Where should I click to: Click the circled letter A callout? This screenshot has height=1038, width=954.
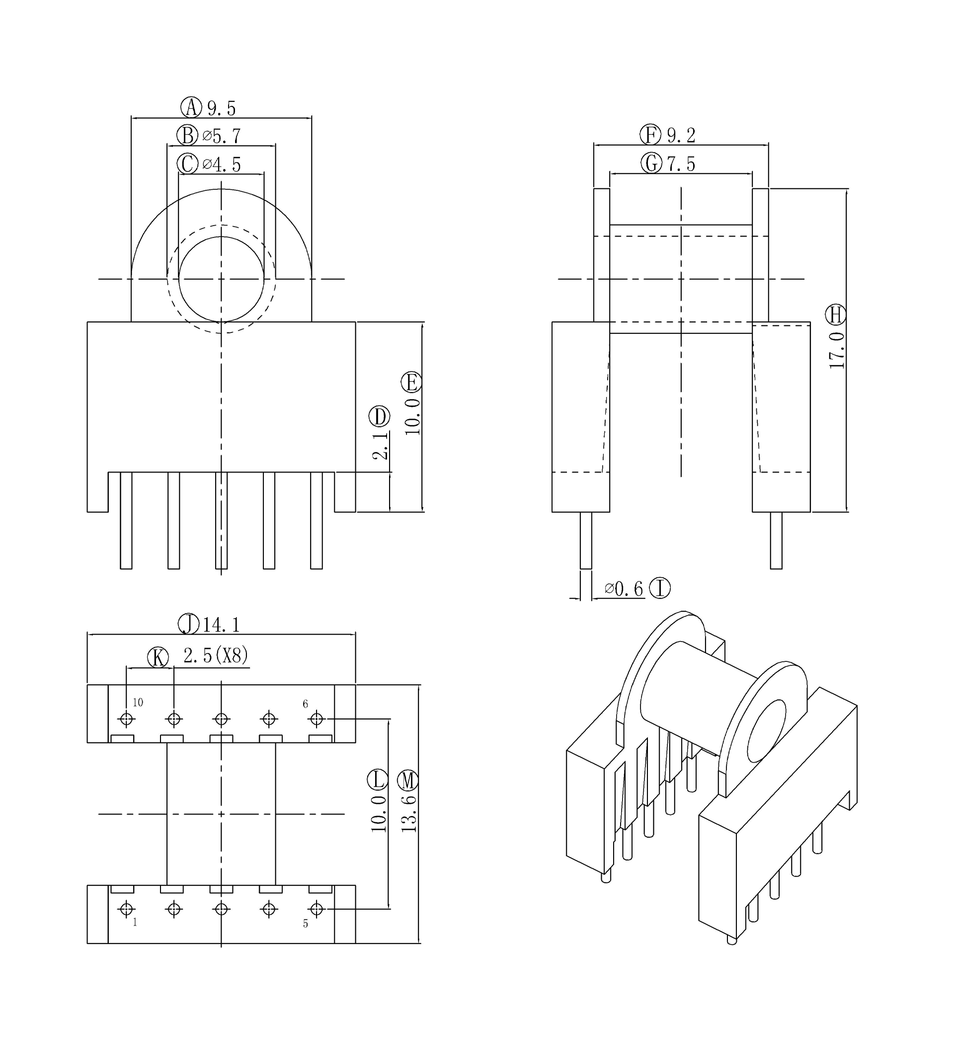coord(191,108)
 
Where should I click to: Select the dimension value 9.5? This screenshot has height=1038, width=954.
coord(222,109)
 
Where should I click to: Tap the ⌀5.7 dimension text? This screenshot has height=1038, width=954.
coord(222,136)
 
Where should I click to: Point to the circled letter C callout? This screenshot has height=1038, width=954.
coord(187,164)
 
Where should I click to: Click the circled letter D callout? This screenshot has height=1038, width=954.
coord(380,416)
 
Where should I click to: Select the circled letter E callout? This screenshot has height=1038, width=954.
coord(411,383)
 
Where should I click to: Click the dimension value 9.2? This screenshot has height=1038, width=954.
coord(681,136)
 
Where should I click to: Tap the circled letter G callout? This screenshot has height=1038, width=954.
coord(651,163)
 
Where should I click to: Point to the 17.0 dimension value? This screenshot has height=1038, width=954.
coord(837,350)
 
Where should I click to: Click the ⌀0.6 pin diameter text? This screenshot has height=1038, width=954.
coord(624,588)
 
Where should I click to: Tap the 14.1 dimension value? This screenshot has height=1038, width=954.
coord(221,625)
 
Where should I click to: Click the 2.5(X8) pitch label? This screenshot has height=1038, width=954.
coord(216,655)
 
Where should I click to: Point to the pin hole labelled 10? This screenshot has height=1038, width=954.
coord(127,719)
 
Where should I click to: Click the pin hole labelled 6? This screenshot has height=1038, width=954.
coord(317,719)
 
